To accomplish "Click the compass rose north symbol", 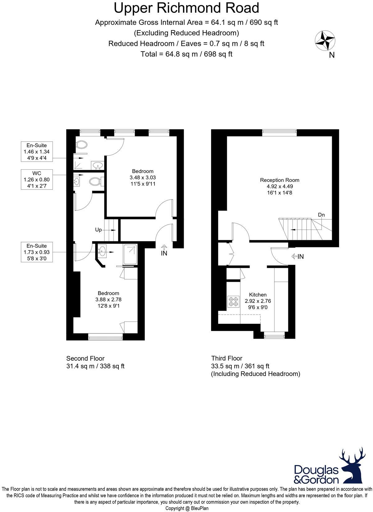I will click(x=325, y=41).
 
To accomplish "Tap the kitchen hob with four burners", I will click(x=233, y=301).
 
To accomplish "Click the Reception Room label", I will click(x=279, y=180).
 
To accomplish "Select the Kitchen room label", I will click(x=258, y=295).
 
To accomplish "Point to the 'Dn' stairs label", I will click(x=321, y=215).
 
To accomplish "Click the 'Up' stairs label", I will click(x=98, y=230).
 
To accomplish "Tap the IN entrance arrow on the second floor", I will click(x=164, y=250).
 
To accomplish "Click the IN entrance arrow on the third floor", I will click(x=297, y=257).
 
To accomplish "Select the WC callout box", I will click(x=37, y=180).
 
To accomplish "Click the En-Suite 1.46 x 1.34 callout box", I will click(x=37, y=152).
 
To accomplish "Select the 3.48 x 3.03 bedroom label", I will click(x=143, y=177).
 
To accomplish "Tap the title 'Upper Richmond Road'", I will click(x=186, y=8).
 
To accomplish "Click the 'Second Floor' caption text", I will click(x=85, y=359).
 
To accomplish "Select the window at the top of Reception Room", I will click(x=279, y=133).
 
